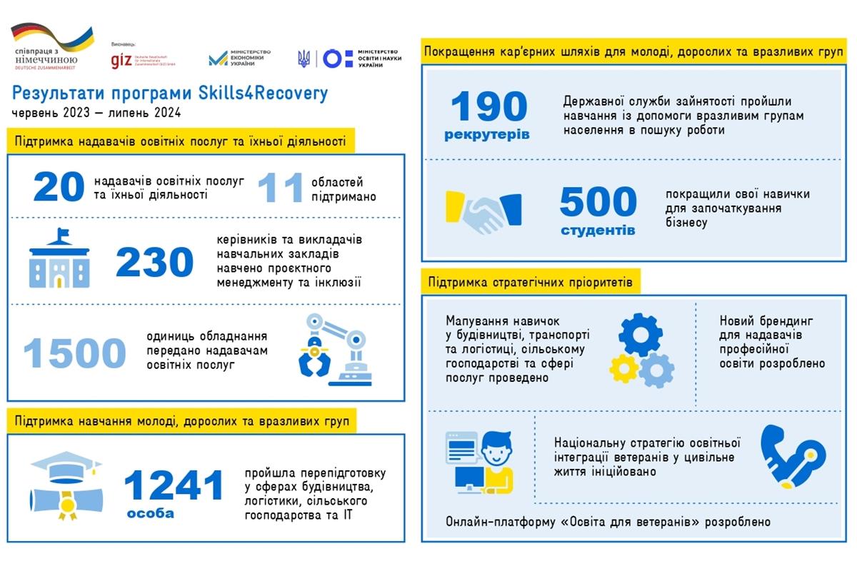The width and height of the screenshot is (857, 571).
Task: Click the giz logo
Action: tap(121, 60)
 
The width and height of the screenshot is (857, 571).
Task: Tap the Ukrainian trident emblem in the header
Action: tap(304, 59)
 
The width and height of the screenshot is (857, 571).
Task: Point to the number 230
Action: tap(154, 263)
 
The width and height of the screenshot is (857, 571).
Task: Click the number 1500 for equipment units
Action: tap(74, 352)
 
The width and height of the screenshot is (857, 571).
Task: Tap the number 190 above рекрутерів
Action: tap(488, 107)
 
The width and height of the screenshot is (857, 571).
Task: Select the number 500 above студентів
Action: tap(598, 202)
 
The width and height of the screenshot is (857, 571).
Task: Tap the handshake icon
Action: tap(483, 212)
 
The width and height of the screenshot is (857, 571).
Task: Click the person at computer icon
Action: tap(479, 463)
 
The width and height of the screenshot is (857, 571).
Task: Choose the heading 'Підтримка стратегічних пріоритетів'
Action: tap(530, 282)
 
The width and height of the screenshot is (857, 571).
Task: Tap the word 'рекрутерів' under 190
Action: tap(487, 134)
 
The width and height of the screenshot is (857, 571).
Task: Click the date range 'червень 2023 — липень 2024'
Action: tap(96, 113)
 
